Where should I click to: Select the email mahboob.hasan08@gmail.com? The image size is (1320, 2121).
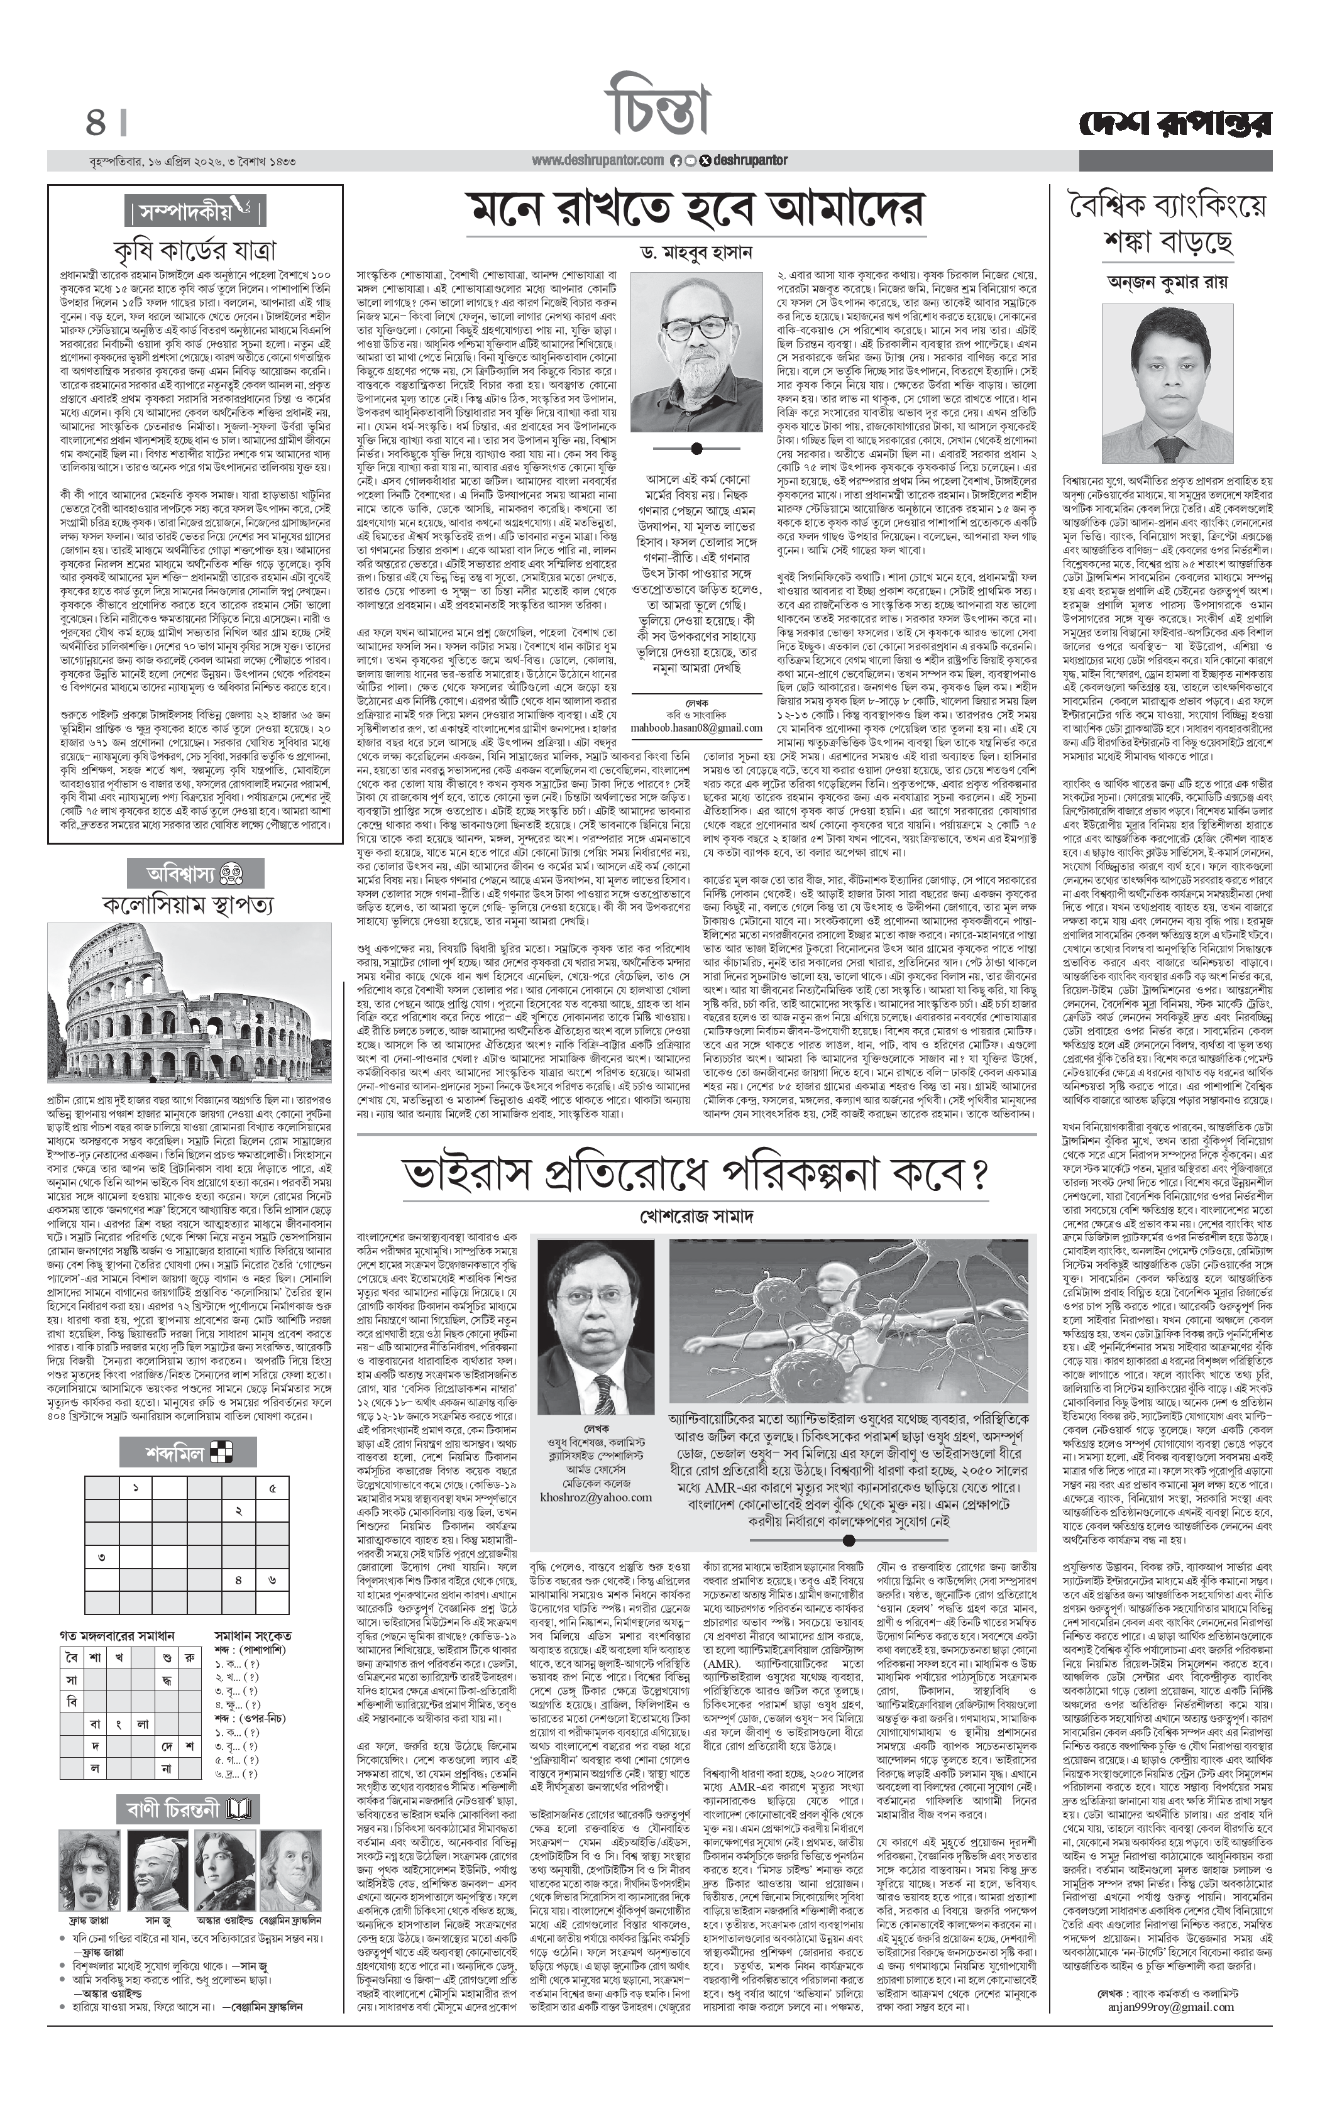pyautogui.click(x=696, y=728)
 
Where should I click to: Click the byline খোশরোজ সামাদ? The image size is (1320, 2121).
pyautogui.click(x=696, y=1216)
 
